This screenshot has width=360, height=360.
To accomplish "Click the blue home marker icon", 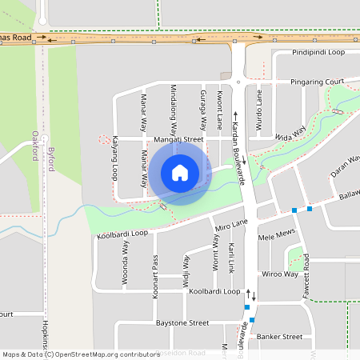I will click(x=180, y=172).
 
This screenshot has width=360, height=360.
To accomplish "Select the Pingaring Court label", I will click(x=317, y=82).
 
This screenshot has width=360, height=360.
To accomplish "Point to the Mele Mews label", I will click(x=277, y=238).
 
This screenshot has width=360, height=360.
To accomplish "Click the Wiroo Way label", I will click(x=280, y=274).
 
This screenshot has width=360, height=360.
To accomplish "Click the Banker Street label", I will click(x=280, y=337).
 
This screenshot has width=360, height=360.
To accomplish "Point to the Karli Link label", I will click(x=230, y=256).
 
